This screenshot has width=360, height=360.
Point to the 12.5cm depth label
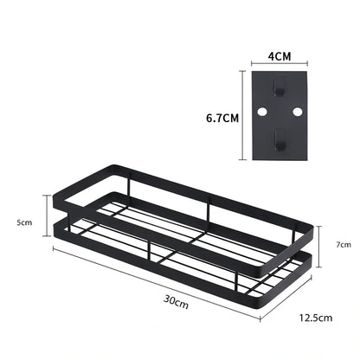point(316,318)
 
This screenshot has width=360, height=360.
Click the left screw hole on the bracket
point(257,113)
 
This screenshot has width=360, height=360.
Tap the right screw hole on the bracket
point(298,113)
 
